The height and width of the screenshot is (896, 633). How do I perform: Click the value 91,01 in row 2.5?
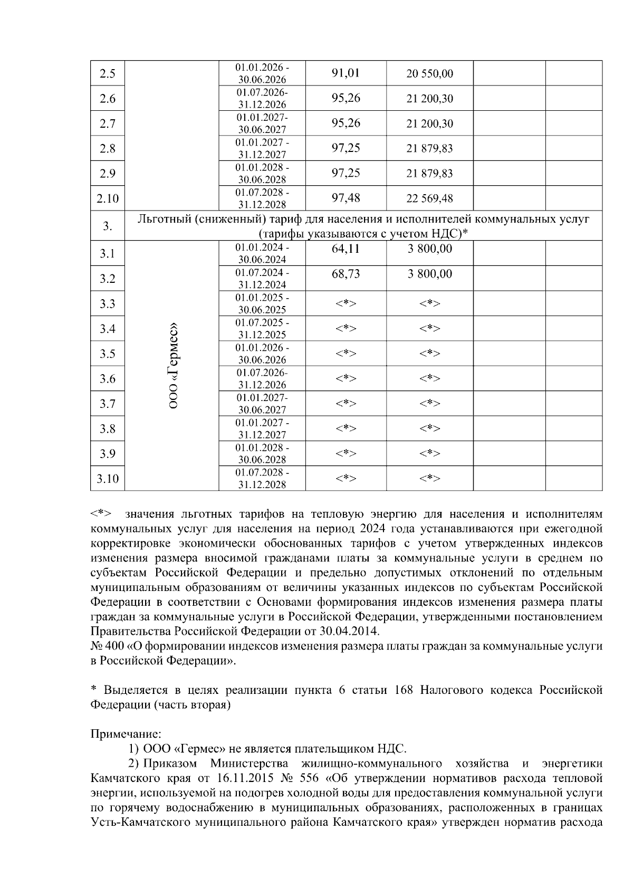click(x=346, y=73)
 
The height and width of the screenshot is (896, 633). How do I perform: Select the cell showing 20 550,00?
click(x=429, y=73)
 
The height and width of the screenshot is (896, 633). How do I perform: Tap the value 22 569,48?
click(x=429, y=198)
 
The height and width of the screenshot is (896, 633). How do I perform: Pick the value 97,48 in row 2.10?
click(x=346, y=198)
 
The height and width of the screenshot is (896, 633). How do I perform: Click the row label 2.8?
click(x=108, y=148)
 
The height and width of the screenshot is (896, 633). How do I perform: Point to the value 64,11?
click(x=346, y=249)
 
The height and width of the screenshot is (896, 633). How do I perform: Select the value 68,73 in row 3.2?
click(x=346, y=273)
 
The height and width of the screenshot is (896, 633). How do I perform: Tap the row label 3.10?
click(x=108, y=479)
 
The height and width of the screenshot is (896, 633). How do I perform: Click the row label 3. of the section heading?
click(x=108, y=226)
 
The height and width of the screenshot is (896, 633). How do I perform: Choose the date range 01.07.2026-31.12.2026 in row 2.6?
click(x=262, y=98)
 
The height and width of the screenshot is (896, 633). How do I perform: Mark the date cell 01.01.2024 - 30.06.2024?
click(x=262, y=253)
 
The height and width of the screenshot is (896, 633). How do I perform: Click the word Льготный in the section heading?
click(x=163, y=219)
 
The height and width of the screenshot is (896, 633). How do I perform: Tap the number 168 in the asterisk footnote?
click(x=404, y=690)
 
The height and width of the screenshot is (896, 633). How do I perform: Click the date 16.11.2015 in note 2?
click(x=242, y=778)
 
